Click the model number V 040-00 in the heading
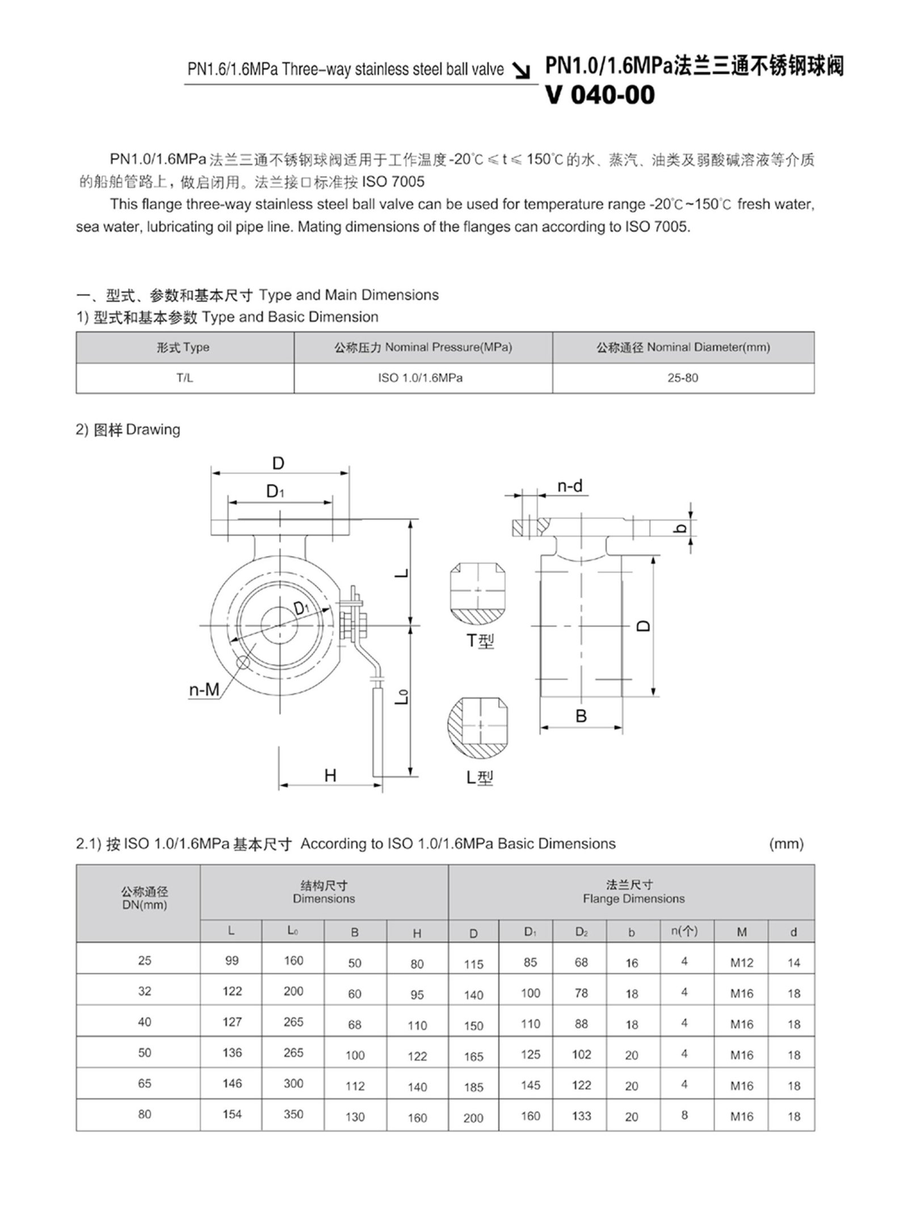coord(600,95)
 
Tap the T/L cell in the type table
coord(184,378)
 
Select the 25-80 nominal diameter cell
coord(683,378)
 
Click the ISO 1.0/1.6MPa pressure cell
coord(420,378)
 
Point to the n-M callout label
coord(204,690)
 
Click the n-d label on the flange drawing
coord(570,487)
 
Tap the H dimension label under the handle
coord(330,776)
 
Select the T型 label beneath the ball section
coord(480,641)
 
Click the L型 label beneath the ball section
coord(480,777)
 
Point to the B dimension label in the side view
coord(581,717)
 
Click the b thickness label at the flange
coord(683,528)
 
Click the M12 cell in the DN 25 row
coord(741,963)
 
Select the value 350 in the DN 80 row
coord(293,1115)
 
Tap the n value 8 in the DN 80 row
coord(684,1115)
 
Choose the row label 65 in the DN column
coord(144,1083)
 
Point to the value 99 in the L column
coord(232,961)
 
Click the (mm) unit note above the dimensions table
coord(786,844)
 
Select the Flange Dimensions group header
coord(633,900)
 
